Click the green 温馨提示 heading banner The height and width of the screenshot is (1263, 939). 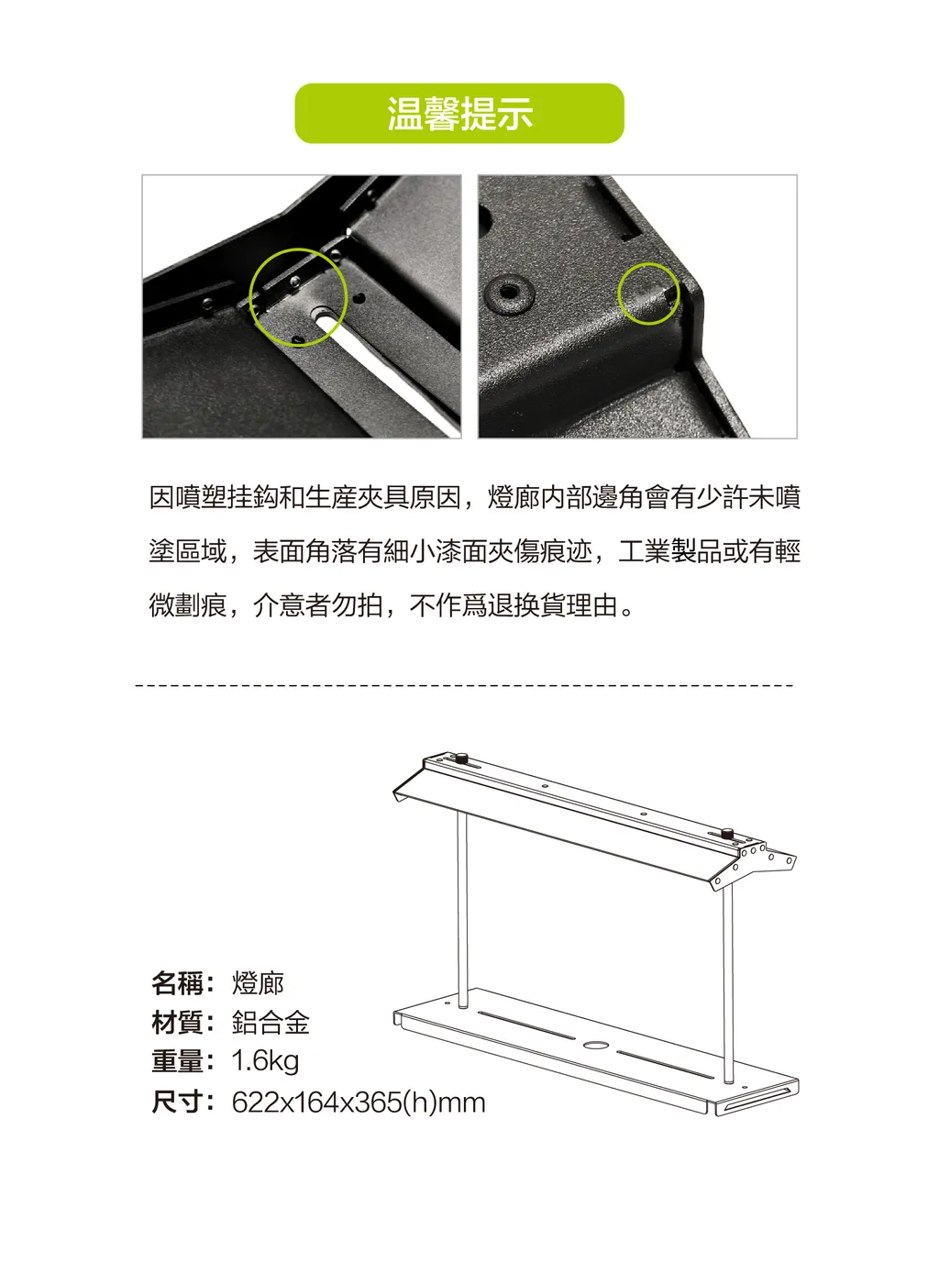click(459, 114)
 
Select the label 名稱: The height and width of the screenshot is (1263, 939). click(183, 983)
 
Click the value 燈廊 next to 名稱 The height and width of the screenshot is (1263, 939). click(258, 983)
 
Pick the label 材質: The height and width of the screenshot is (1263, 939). click(183, 1023)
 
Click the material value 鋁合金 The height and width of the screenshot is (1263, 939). click(271, 1023)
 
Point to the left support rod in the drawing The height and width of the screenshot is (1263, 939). click(463, 911)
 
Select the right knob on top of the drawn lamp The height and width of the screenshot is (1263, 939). click(726, 834)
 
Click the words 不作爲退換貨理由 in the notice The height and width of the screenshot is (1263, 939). click(514, 605)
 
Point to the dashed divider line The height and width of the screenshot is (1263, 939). click(465, 684)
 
